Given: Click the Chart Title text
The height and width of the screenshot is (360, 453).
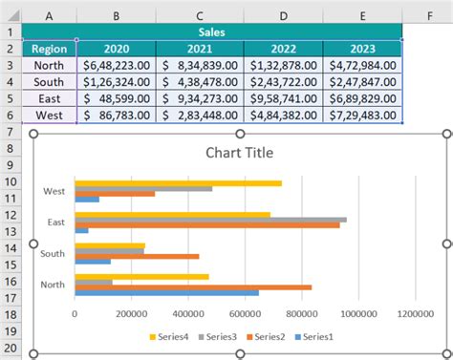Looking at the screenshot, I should coord(239,153).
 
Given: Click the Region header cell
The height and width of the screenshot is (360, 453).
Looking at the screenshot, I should coord(48,49).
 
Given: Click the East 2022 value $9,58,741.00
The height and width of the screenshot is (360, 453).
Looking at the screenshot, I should coord(283,98).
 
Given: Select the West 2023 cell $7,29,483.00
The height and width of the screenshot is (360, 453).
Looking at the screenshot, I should coord(362,115).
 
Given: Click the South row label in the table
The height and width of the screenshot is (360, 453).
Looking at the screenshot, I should coord(48,82).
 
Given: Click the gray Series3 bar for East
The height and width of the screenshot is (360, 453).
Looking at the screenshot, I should coord(210,219).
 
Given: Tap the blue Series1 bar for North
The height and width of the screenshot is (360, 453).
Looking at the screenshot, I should coord(166,292).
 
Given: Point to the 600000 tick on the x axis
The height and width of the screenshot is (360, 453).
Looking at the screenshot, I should coord(245,311).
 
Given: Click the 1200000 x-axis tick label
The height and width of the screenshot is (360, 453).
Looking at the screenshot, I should coord(415,311).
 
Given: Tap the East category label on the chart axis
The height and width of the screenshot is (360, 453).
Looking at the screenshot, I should coord(54,222).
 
